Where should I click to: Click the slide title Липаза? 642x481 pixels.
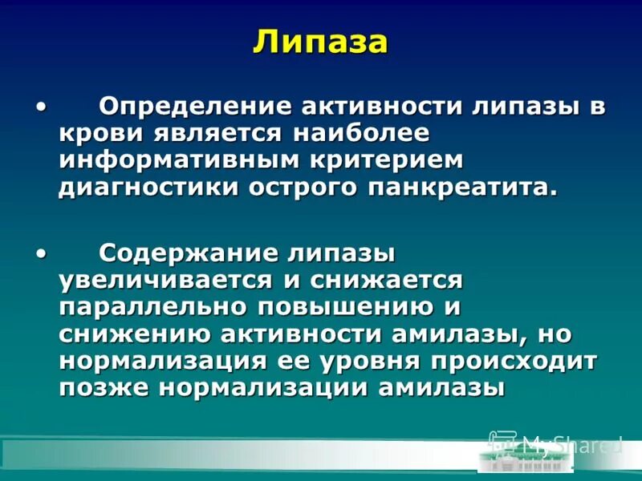pos(320,42)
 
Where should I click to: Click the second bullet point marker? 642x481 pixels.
pos(41,253)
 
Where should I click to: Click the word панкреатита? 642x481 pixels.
pos(450,188)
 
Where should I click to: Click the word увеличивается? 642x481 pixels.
pos(160,281)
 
